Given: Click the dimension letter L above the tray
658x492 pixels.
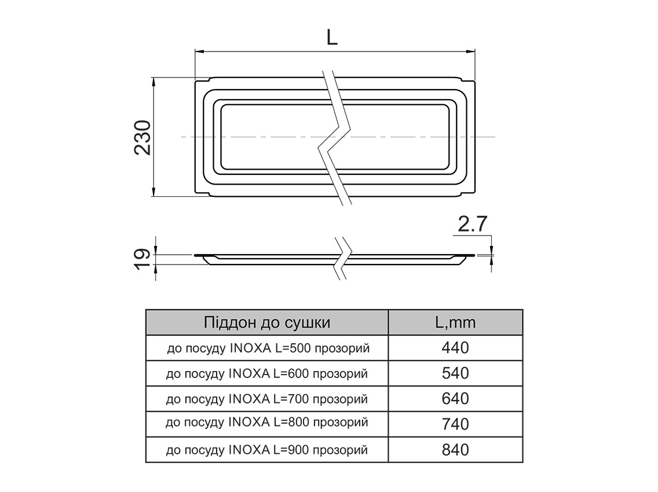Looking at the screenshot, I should coord(331,37).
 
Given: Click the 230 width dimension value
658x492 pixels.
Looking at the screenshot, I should coord(142,138).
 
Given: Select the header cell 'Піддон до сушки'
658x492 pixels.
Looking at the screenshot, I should coord(267,322).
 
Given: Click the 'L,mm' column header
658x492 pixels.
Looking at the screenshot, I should coord(455,322).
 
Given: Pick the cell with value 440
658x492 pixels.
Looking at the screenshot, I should coord(455,348).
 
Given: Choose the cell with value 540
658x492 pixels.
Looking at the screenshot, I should coord(455,373).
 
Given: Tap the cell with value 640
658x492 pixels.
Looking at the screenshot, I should coord(455,399).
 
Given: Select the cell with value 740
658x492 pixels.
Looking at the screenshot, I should coord(455,424).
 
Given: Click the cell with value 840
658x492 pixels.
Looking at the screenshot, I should coord(455,450).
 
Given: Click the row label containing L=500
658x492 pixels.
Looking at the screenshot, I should coord(267,348).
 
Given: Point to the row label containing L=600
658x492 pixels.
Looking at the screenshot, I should coord(267,373).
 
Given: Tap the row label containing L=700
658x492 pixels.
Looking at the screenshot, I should coord(267,399).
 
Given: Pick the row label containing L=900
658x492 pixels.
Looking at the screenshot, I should coord(267,450).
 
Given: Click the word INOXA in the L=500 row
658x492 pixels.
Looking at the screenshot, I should coord(249,348).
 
